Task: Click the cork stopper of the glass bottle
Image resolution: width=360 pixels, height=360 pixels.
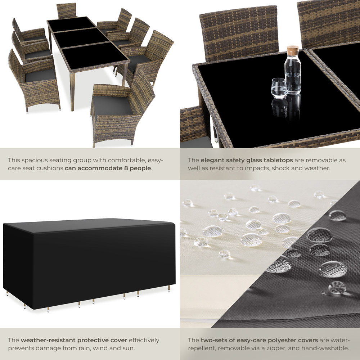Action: (292, 50)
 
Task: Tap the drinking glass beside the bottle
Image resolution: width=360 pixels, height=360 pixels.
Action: (279, 88)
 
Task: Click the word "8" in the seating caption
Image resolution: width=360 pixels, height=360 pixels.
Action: (126, 168)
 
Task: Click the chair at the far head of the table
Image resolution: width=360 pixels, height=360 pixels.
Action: (67, 10)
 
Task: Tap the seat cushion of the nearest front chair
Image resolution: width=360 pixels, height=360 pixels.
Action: (112, 105)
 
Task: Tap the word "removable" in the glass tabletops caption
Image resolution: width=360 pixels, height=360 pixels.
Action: (321, 160)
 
